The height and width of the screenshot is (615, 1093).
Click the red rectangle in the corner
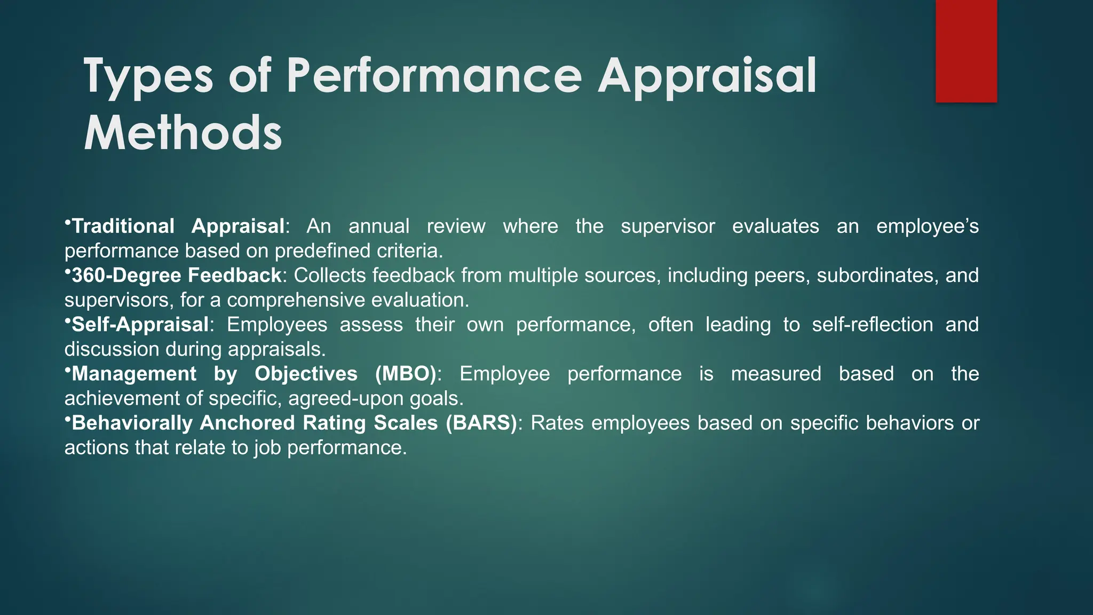966,51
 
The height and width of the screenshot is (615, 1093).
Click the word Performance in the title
433,76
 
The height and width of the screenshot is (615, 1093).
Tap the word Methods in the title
183,133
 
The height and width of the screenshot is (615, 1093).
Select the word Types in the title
148,76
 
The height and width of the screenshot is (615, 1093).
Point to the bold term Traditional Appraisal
178,226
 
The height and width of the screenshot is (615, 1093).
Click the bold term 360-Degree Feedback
176,275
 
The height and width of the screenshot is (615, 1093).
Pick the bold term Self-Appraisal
140,325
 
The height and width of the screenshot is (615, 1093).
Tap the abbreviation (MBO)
406,374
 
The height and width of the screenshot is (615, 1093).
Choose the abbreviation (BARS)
481,423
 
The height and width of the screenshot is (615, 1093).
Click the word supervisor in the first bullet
668,226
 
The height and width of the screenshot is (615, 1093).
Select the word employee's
928,226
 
